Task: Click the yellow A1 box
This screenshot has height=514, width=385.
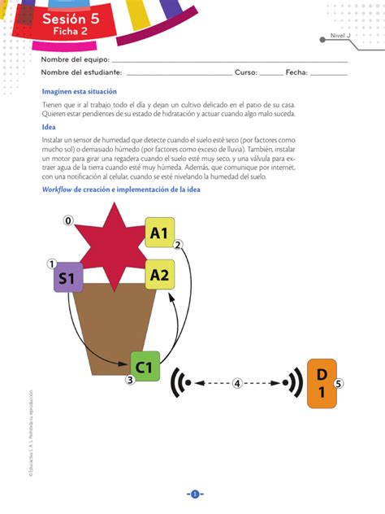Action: pos(159,233)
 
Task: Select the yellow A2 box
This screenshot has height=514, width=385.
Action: pos(159,275)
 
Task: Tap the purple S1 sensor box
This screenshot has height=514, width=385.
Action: pos(68,279)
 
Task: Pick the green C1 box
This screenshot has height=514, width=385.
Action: pos(145,367)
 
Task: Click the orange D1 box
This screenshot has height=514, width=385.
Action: pos(322,383)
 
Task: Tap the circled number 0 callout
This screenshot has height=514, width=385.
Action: pos(68,220)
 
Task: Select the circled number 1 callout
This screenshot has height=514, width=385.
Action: pos(52,264)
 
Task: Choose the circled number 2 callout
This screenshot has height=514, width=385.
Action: pos(179,244)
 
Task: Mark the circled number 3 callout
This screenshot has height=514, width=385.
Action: pos(129,379)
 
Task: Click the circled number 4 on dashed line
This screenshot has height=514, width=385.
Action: pos(236,383)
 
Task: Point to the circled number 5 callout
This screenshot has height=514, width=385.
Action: pos(340,383)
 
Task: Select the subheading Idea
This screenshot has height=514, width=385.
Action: pos(49,127)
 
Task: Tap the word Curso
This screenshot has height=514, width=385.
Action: pos(246,72)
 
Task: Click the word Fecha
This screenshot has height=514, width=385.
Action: pos(296,72)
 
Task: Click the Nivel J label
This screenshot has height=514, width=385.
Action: pos(340,36)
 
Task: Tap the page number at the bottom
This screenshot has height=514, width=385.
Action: pos(195,494)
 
